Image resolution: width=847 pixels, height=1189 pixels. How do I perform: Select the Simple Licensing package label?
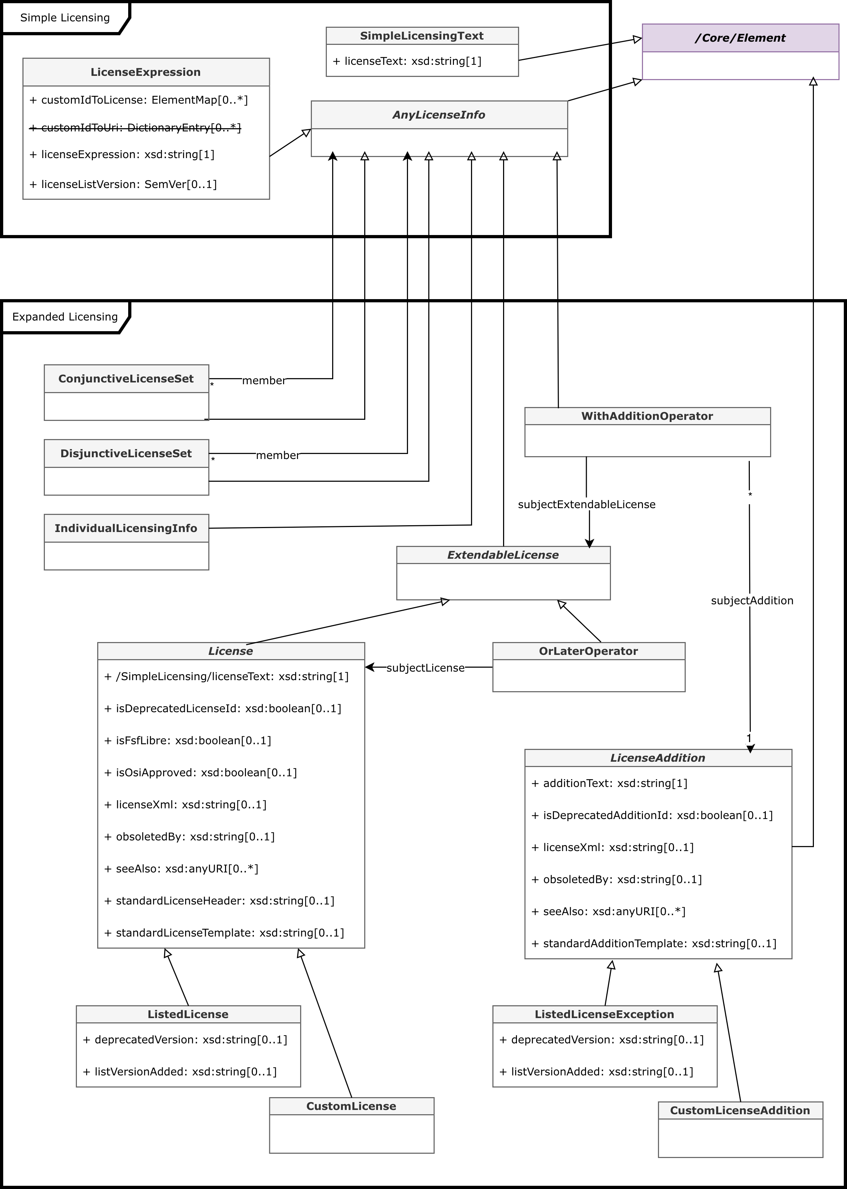pos(65,18)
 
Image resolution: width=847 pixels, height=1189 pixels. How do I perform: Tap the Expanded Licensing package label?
pos(65,317)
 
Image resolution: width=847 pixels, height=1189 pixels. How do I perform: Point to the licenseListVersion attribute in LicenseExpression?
pos(123,184)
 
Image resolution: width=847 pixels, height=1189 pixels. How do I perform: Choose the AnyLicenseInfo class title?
pos(439,115)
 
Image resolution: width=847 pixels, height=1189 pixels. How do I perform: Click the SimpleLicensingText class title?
pos(422,36)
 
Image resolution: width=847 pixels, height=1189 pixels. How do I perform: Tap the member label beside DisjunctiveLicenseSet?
pos(277,455)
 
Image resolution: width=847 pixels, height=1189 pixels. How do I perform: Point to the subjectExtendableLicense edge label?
pos(586,504)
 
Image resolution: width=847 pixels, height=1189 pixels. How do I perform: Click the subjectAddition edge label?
pos(752,600)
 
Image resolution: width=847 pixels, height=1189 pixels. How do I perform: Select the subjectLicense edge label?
pos(425,668)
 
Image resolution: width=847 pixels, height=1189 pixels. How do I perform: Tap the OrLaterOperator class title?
pos(588,651)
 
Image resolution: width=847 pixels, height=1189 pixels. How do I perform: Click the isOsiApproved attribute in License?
pos(201,772)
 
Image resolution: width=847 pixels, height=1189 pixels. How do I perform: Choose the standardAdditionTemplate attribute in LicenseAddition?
pos(654,943)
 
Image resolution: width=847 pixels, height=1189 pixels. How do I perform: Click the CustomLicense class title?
pos(351,1106)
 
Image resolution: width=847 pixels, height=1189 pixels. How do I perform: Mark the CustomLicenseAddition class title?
pos(739,1110)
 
